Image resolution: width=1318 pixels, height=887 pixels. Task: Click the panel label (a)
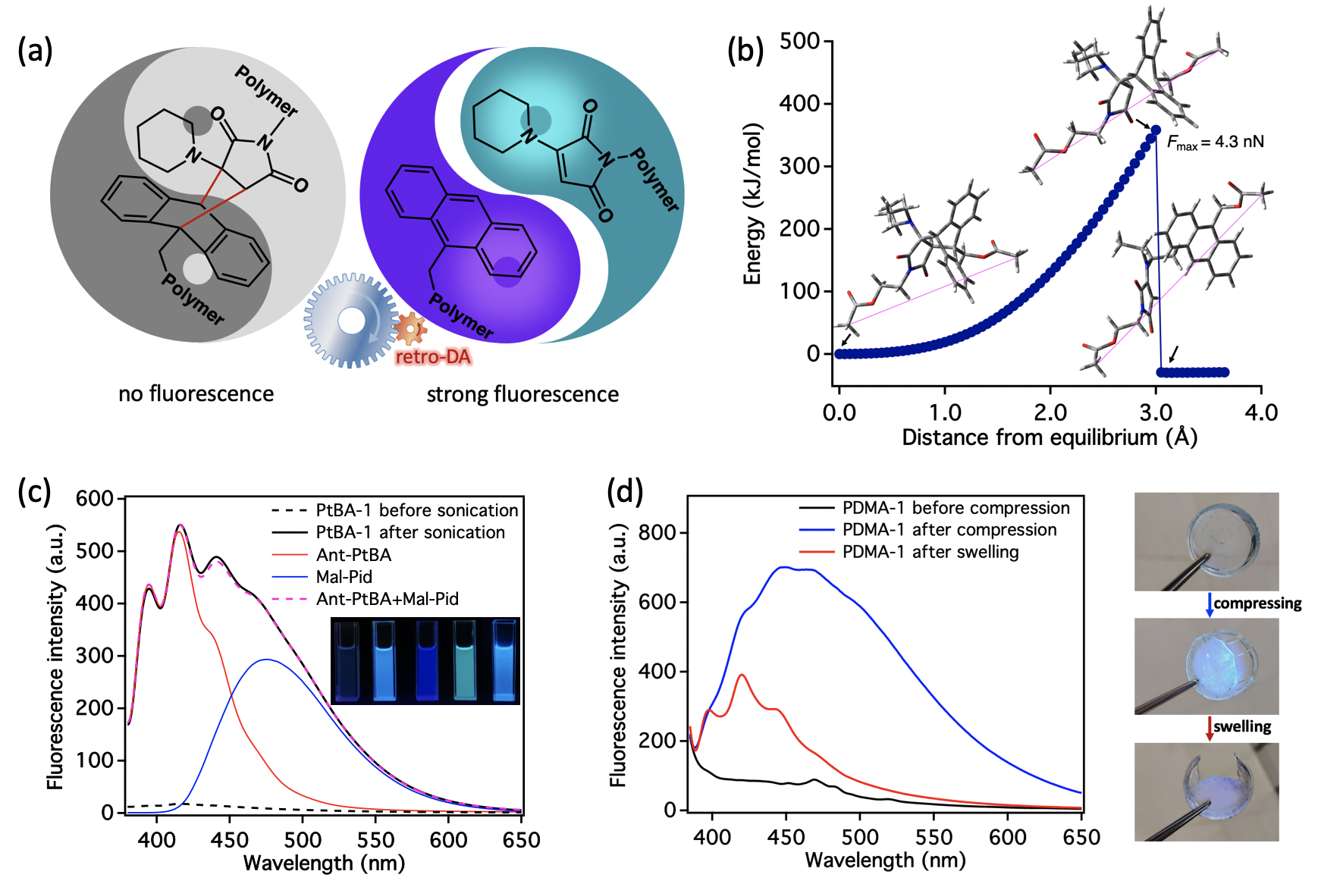[35, 51]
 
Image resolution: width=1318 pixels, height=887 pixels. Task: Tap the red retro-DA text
[433, 357]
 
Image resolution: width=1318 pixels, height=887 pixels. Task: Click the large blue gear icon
[350, 321]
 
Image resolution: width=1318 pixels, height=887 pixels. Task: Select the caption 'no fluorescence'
[196, 393]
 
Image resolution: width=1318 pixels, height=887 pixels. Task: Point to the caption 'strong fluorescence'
[522, 394]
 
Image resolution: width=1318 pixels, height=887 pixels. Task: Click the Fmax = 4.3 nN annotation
[1215, 142]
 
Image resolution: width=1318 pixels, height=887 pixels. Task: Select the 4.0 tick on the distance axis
[1261, 412]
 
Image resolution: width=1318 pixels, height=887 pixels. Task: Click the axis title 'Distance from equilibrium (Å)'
[1050, 437]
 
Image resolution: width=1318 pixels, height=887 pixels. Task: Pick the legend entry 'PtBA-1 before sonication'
[416, 510]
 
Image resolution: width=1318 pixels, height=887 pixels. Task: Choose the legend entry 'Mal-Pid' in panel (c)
[344, 577]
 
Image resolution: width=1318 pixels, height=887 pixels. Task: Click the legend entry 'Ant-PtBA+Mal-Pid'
[387, 599]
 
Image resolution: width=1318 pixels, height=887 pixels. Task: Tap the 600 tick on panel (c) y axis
[94, 499]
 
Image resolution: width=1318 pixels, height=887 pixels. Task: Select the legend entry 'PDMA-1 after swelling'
[930, 552]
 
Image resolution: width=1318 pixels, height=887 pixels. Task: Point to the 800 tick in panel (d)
[657, 532]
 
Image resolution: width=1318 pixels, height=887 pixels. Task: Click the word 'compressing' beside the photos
[1257, 603]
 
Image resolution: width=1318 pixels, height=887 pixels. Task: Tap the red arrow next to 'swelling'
[1210, 728]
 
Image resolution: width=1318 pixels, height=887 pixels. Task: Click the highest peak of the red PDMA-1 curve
[742, 675]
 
